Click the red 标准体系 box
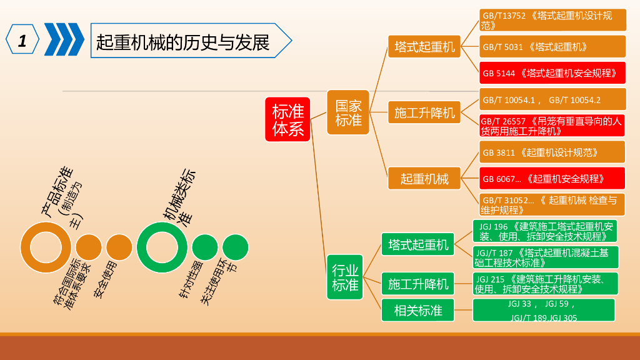point(287,119)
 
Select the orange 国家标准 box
point(348,112)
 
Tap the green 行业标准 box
point(345,277)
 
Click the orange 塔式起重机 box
point(424,46)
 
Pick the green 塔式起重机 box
point(418,244)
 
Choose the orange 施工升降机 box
point(424,112)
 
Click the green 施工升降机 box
point(418,284)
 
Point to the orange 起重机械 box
point(424,178)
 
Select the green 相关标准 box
point(418,310)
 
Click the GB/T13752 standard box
point(552,20)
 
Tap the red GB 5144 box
point(552,73)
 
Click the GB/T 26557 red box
point(552,126)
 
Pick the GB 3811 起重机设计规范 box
point(552,152)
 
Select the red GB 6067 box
point(552,179)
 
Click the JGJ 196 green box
point(545,231)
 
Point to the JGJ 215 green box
point(545,284)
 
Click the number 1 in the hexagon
point(22,41)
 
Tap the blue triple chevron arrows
point(64,40)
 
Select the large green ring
point(162,247)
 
